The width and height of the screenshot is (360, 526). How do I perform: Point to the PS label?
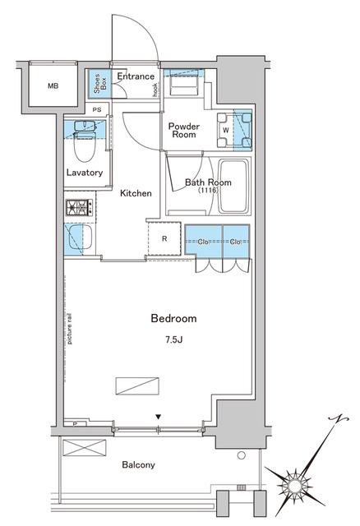97,109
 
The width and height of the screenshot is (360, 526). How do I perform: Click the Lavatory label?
85,173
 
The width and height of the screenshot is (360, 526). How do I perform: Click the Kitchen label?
136,193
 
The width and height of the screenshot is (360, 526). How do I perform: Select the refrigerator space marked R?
165,239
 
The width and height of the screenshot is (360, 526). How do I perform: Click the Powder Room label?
183,130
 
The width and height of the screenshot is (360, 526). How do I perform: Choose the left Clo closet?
203,242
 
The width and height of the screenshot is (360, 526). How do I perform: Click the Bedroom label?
173,318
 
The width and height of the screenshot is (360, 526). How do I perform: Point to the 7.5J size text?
173,337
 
